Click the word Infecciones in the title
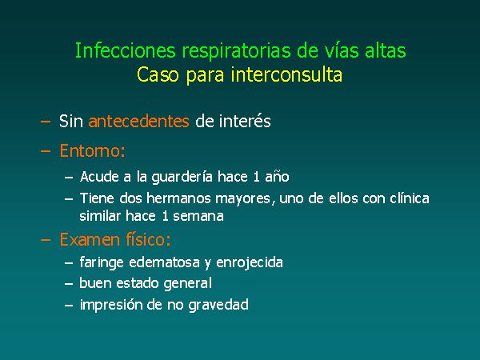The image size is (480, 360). pos(126,50)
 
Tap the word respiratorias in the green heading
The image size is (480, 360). pos(236,51)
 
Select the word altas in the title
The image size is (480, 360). pos(386,50)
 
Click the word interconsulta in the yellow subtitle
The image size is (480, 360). pos(286,74)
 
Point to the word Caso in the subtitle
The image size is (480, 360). pos(158,74)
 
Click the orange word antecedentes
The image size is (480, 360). pos(138,122)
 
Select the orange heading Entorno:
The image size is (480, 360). pos(93,150)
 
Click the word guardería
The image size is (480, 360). pos(182,178)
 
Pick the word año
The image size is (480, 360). pos(277,177)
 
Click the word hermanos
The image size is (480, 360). pos(178,198)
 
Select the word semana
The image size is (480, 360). pos(198,217)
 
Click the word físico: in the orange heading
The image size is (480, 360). pos(148,239)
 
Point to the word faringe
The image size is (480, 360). pos(102,263)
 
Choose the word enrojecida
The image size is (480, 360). pos(250,263)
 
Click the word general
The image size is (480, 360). pos(188,283)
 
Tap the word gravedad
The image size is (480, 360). pos(218,306)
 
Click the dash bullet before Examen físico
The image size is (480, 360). pos(46,240)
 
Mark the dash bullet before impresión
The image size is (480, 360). pos(69,306)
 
